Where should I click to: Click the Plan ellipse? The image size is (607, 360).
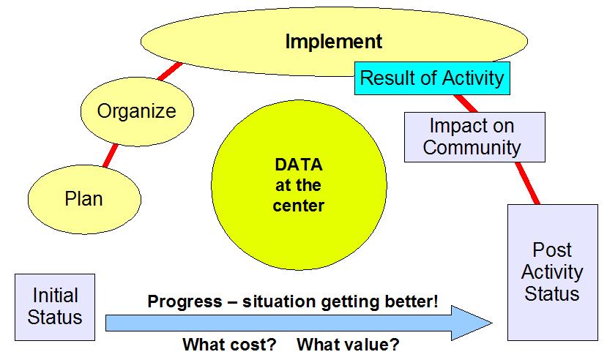pos(84,199)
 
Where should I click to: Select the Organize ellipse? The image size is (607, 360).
pos(137,111)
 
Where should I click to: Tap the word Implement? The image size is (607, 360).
pos(334,42)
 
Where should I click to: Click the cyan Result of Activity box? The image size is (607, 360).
pos(432,78)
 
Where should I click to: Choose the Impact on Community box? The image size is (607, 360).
pos(474,137)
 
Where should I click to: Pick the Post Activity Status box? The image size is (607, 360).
pos(552,272)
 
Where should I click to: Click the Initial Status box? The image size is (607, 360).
pos(55,307)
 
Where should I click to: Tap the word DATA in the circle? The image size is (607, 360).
pos(299,165)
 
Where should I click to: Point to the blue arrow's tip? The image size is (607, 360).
pos(492,323)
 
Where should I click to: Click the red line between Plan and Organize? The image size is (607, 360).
pos(111,155)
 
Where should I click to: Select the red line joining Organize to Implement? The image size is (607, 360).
pos(170,71)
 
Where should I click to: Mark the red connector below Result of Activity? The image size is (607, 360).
pos(466,103)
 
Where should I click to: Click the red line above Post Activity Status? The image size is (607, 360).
pos(527,183)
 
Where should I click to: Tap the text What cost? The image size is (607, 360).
pos(230,344)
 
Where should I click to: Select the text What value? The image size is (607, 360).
pos(348,344)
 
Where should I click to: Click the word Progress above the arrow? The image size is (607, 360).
pos(185,301)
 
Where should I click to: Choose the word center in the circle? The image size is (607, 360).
pos(299,206)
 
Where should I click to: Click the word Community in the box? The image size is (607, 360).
pos(472,147)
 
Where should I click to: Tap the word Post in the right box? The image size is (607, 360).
pos(552,250)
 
